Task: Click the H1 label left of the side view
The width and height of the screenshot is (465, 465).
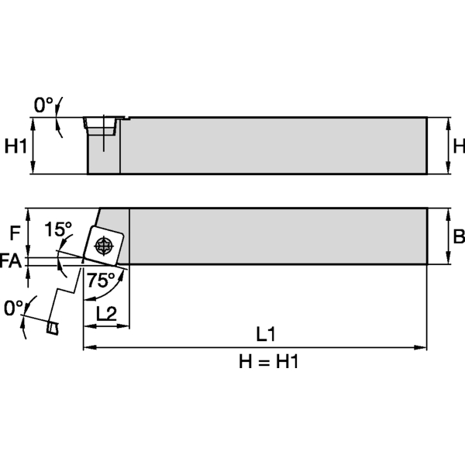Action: click(16, 145)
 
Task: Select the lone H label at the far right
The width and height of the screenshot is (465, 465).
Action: click(458, 145)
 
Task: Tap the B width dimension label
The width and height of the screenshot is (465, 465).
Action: click(458, 236)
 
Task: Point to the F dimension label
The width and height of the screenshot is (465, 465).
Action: click(15, 231)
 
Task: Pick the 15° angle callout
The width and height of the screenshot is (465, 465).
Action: click(57, 229)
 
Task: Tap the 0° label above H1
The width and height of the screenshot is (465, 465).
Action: click(43, 103)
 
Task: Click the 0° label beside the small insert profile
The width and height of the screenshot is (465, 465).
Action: click(13, 308)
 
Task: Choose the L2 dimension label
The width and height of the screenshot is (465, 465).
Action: click(106, 312)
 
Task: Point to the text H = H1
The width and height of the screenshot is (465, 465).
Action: click(266, 362)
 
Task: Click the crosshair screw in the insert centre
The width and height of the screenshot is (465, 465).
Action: click(103, 246)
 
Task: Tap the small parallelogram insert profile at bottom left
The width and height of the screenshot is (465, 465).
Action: click(51, 329)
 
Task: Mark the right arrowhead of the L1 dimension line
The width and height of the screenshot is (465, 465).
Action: click(423, 346)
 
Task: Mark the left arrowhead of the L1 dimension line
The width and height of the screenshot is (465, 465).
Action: click(87, 346)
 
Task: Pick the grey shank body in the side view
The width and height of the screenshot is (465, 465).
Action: click(271, 145)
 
